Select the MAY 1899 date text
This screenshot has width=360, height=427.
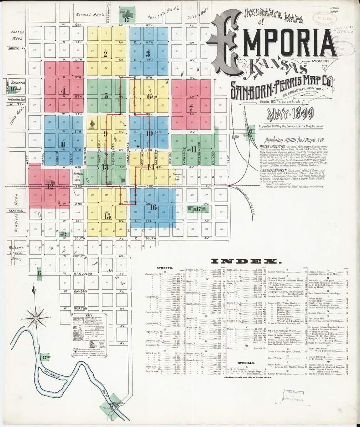(292, 114)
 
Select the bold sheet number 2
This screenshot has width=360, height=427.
(105, 54)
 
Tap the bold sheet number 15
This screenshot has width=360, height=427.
(106, 215)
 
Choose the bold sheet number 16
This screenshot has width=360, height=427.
(153, 207)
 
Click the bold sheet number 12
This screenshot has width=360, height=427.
(50, 186)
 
